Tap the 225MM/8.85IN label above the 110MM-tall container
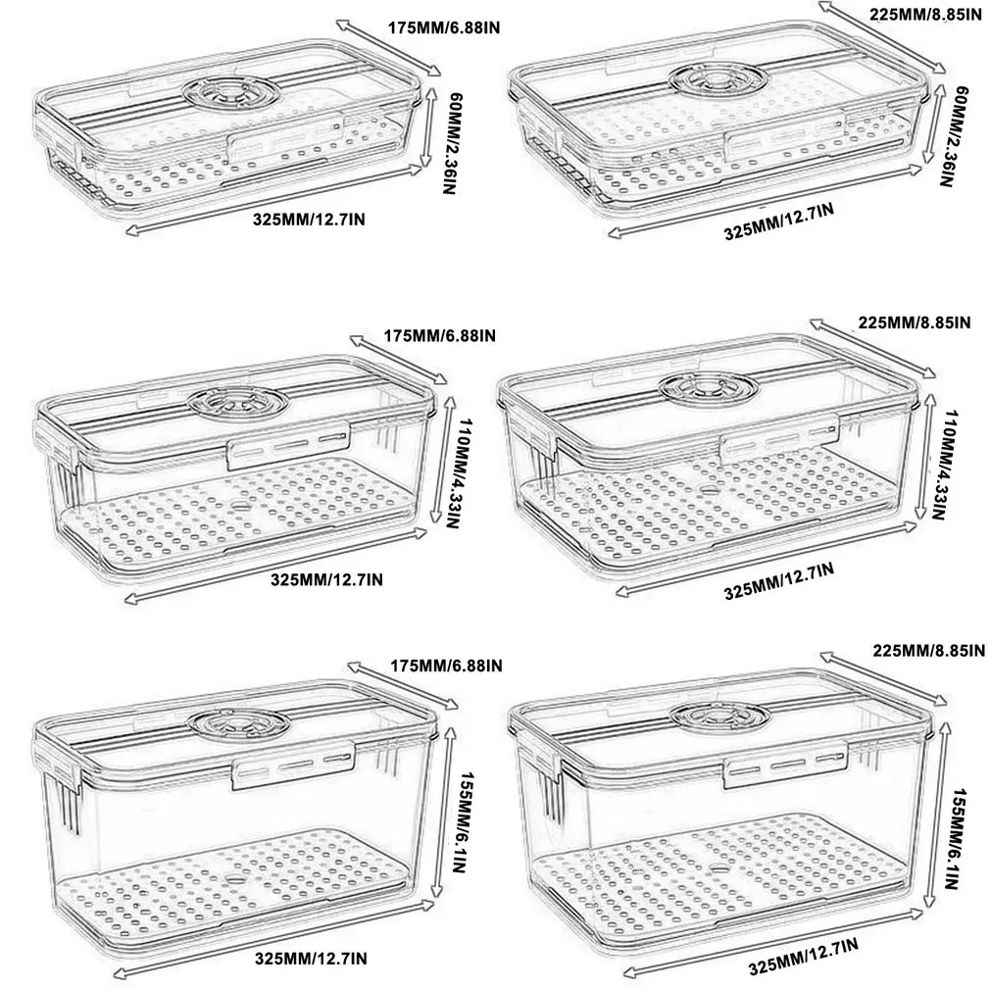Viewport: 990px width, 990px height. click(913, 322)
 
